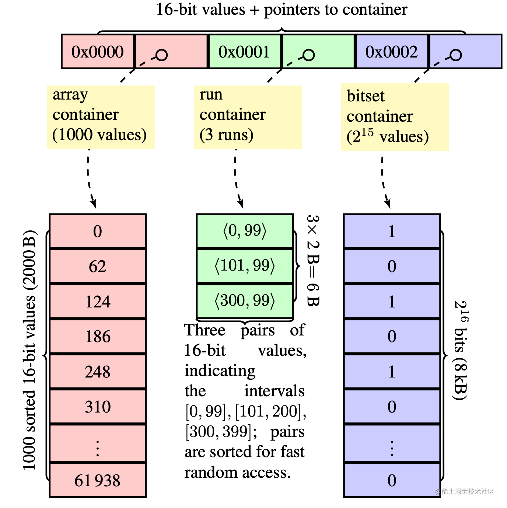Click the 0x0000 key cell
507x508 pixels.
tap(98, 52)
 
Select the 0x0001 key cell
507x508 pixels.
tap(244, 52)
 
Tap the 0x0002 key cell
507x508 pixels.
tap(391, 52)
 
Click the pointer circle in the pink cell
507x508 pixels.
tap(161, 55)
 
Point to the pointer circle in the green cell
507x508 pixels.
tap(308, 55)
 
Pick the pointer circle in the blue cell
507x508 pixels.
tap(456, 55)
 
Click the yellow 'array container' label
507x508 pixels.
tap(101, 116)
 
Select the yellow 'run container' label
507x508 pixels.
tap(248, 116)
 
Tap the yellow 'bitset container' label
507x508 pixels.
tap(395, 117)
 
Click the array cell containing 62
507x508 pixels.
tap(98, 266)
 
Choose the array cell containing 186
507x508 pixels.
tap(98, 336)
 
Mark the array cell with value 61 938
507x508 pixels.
tap(98, 480)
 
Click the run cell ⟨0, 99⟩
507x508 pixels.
tap(245, 231)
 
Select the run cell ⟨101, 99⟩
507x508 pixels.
tap(245, 266)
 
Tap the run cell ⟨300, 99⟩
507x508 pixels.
tap(245, 301)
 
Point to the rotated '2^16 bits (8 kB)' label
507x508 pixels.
tap(461, 350)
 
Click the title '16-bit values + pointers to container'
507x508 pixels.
tap(282, 10)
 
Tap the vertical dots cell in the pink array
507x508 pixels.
tap(98, 445)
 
